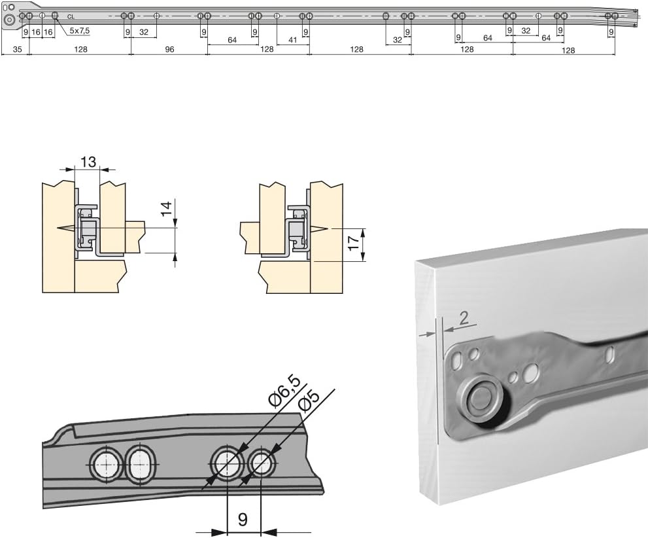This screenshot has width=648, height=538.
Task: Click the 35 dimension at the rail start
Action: coord(17,50)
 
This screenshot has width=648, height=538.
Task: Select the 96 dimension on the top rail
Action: coord(169,50)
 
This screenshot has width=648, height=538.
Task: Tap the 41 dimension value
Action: coord(292,41)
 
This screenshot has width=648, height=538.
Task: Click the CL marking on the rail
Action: coord(70,17)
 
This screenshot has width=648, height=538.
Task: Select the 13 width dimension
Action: coord(88,162)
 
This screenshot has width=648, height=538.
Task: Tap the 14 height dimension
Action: coord(167,209)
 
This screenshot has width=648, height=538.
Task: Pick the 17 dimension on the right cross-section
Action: coord(354,244)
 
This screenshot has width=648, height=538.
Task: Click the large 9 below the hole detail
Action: coord(243,520)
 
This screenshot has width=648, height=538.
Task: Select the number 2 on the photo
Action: coord(463,318)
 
